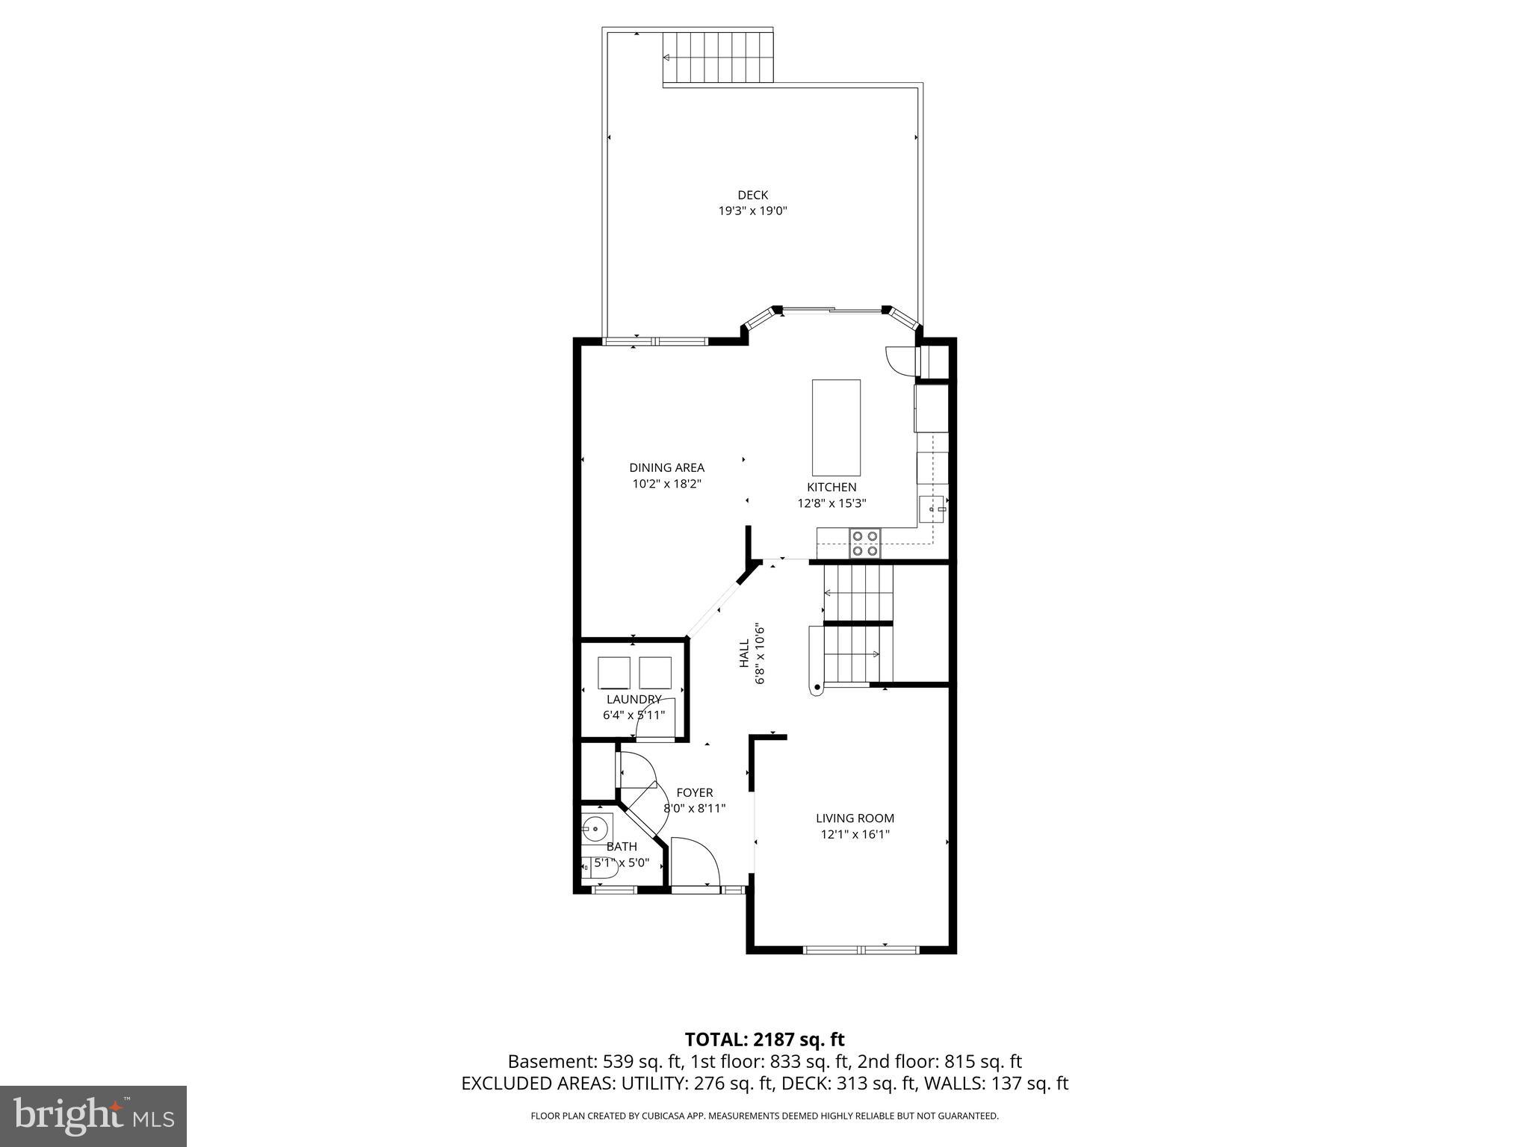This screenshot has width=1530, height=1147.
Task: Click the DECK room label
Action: click(x=752, y=195)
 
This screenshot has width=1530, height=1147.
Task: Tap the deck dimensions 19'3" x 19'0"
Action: click(x=752, y=211)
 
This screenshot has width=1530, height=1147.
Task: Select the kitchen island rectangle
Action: click(x=836, y=427)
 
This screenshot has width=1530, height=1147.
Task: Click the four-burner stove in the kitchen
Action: click(x=865, y=543)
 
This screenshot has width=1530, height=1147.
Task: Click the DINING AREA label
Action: click(x=666, y=467)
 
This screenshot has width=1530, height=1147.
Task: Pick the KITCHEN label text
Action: click(x=831, y=487)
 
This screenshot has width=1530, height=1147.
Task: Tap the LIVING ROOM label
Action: click(x=855, y=818)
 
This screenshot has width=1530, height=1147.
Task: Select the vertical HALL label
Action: click(x=744, y=653)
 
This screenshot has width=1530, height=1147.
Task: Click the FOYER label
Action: click(x=694, y=792)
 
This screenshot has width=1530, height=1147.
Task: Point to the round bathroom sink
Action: click(x=596, y=827)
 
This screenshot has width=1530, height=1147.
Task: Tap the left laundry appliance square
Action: click(x=614, y=672)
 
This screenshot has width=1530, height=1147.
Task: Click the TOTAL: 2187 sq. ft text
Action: click(x=764, y=1039)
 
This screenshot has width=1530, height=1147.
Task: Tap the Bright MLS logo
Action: click(x=93, y=1116)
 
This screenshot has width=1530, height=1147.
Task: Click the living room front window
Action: click(x=861, y=949)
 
